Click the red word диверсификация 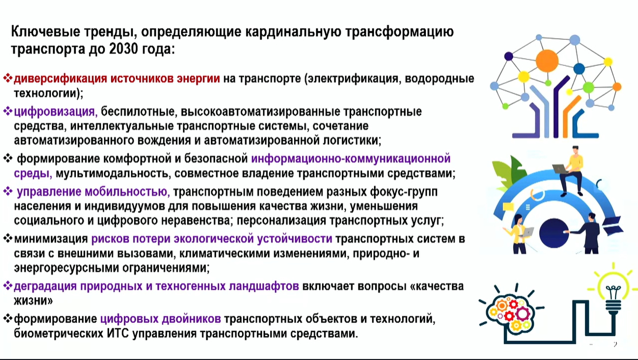click(x=60, y=79)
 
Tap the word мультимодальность click(x=113, y=173)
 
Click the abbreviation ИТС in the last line click(x=118, y=333)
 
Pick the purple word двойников click(x=191, y=319)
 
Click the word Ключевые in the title click(x=45, y=32)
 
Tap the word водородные click(x=439, y=79)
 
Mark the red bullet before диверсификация click(x=8, y=78)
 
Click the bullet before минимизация click(x=8, y=238)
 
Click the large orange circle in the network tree click(x=547, y=61)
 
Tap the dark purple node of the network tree click(x=509, y=56)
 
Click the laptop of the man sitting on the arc click(x=560, y=169)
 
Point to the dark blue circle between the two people click(x=554, y=233)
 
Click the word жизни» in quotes click(x=33, y=301)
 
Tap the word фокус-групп click(x=404, y=192)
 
